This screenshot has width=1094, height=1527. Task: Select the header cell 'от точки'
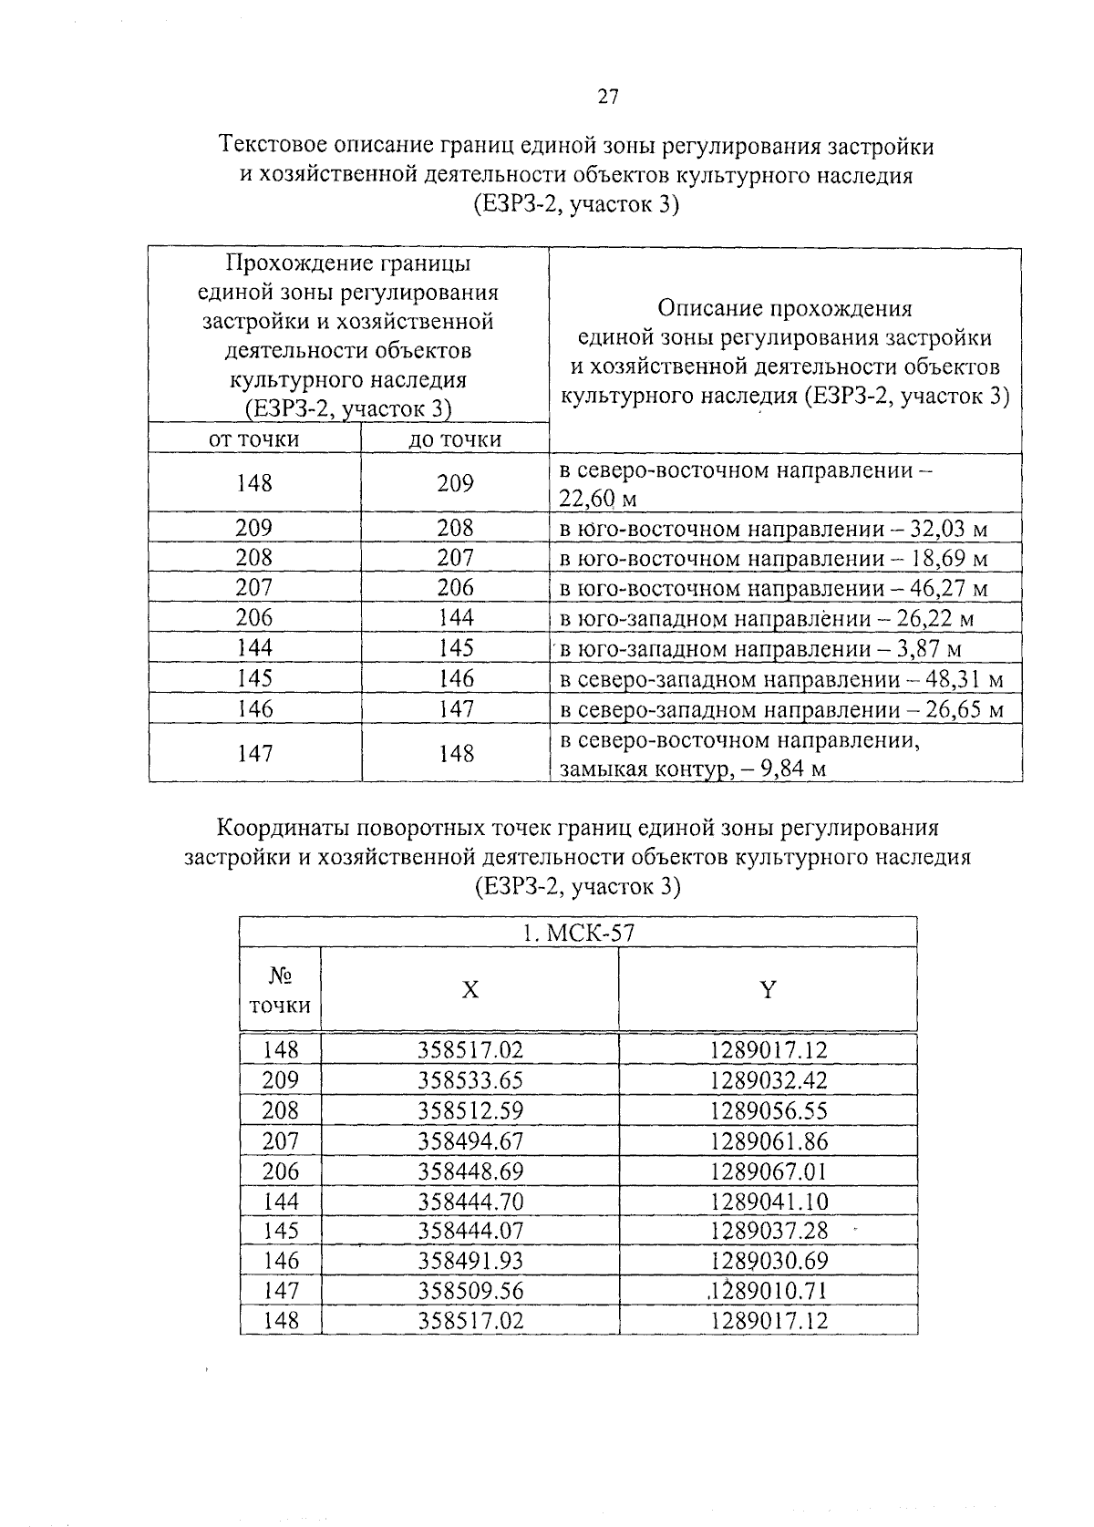click(x=254, y=439)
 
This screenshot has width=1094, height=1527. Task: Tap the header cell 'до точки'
click(x=455, y=439)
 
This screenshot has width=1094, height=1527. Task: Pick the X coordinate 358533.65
click(x=470, y=1080)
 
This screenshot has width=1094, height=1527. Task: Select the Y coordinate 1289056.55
click(x=769, y=1110)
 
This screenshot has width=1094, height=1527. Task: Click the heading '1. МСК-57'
click(x=578, y=933)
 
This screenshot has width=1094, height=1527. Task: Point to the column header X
click(x=470, y=990)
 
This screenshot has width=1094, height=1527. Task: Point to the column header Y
click(x=769, y=990)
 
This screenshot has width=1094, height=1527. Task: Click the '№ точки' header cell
click(x=280, y=990)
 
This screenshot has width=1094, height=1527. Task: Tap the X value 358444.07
click(x=470, y=1231)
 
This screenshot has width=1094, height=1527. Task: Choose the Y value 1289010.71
click(x=769, y=1291)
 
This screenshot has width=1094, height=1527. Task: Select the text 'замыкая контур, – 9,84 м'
click(x=693, y=769)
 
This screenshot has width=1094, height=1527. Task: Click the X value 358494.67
click(x=470, y=1140)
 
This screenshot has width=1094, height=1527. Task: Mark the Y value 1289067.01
click(x=769, y=1171)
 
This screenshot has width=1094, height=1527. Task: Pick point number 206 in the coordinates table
click(x=280, y=1171)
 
